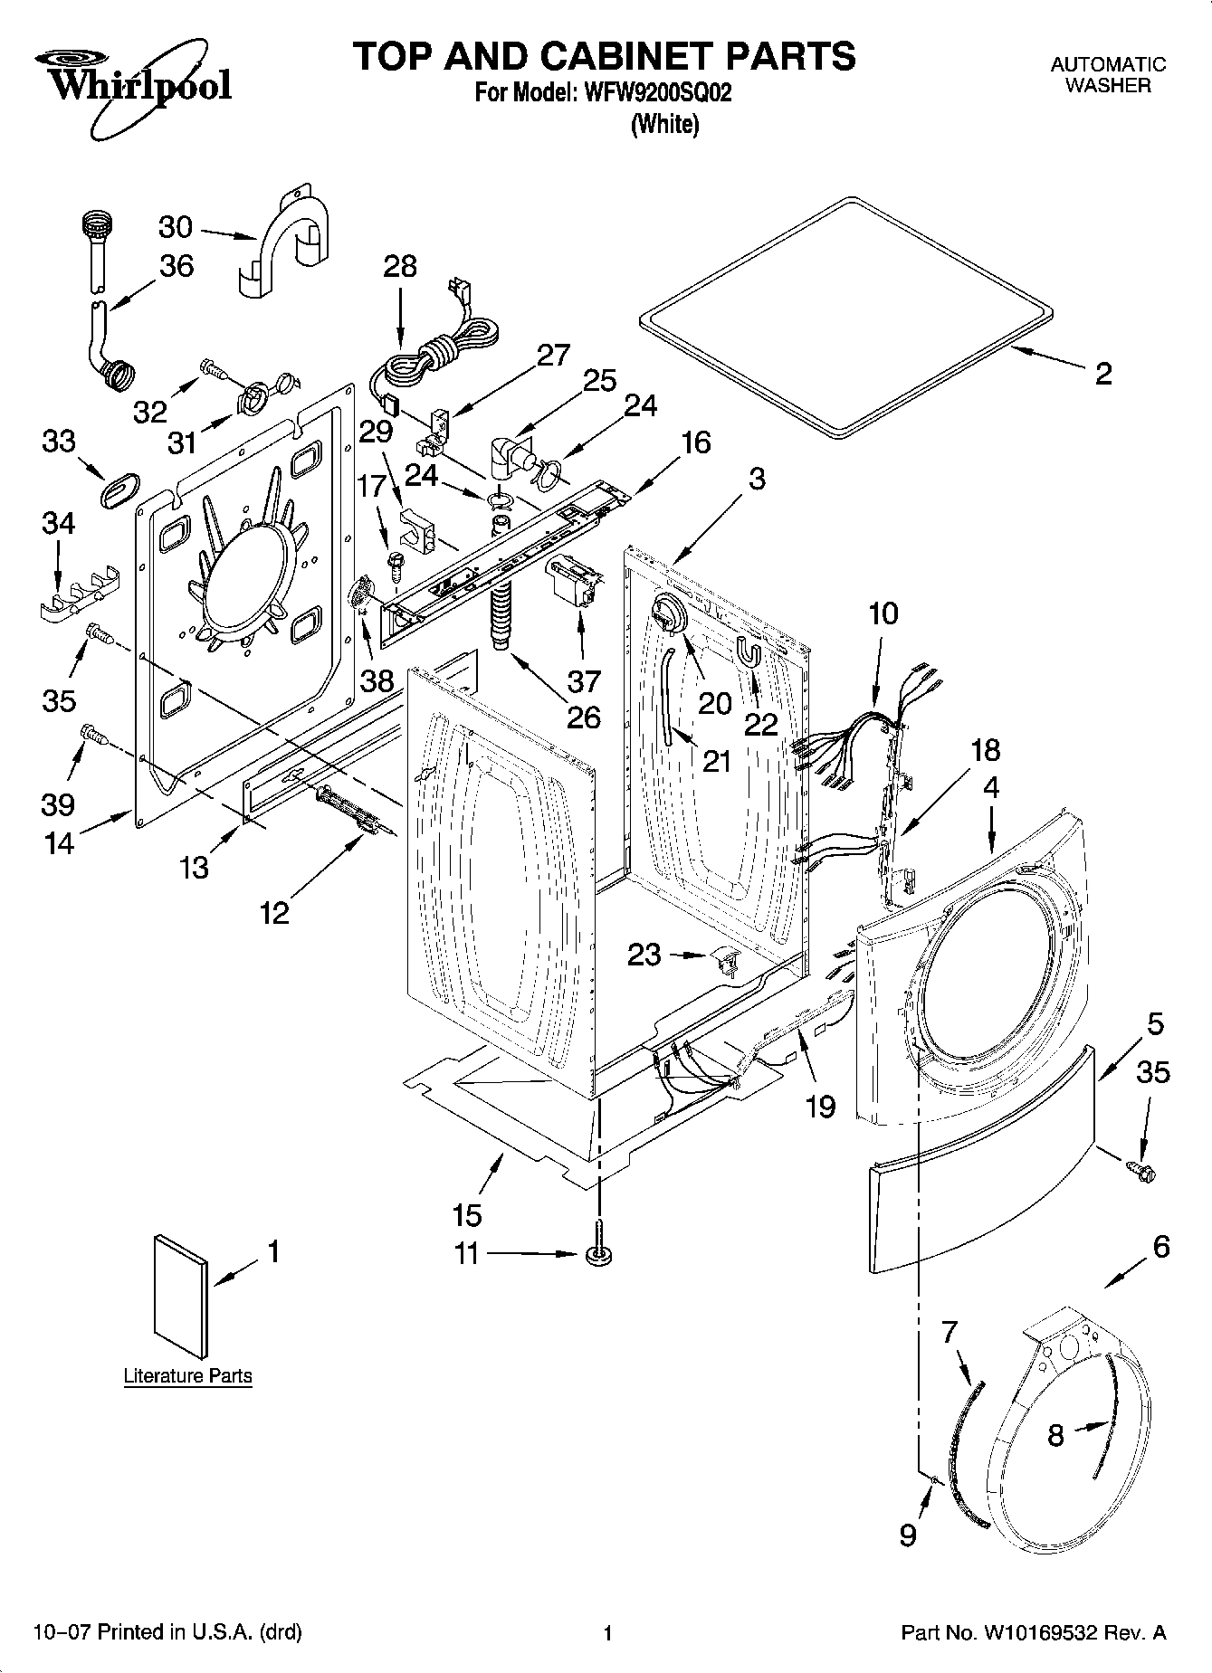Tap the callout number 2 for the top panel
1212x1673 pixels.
1102,374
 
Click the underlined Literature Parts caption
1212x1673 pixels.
187,1376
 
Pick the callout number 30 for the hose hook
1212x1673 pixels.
176,226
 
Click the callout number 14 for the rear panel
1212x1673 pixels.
60,842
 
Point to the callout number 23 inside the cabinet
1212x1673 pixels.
644,955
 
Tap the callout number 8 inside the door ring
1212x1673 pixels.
1055,1436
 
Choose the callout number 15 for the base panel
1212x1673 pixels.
468,1213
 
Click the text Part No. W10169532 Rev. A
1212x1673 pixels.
1033,1633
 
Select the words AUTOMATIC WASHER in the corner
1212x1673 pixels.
1107,75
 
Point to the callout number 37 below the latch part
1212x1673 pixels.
584,680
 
